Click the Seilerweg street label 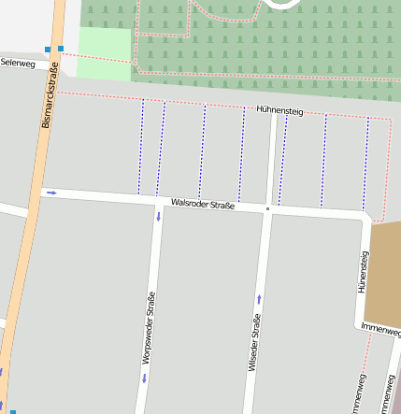click(x=18, y=62)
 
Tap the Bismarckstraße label click(x=52, y=96)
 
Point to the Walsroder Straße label click(x=203, y=203)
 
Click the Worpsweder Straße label click(x=148, y=328)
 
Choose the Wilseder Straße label click(x=254, y=343)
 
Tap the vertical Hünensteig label click(x=364, y=271)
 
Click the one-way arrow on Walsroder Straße click(x=51, y=193)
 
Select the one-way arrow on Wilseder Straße click(x=259, y=299)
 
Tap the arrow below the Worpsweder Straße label click(x=145, y=378)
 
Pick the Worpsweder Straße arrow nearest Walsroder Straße click(x=158, y=217)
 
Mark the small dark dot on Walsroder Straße click(x=268, y=208)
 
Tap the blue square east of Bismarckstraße click(x=61, y=48)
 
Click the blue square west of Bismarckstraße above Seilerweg click(x=47, y=50)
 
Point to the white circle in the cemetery click(x=285, y=4)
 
